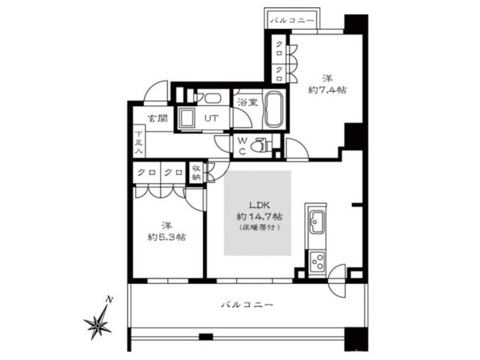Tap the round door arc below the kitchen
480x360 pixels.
point(337,281)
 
